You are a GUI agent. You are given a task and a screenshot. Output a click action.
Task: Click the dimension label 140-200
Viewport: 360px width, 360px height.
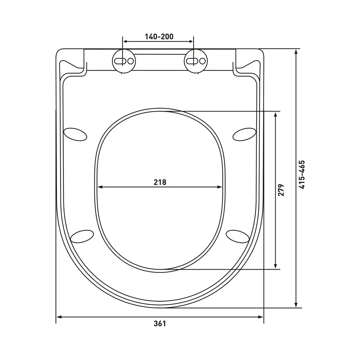click(159, 36)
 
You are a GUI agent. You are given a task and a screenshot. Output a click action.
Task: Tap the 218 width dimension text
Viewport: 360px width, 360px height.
click(160, 182)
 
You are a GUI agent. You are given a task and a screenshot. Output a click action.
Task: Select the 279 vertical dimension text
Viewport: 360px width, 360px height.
click(281, 190)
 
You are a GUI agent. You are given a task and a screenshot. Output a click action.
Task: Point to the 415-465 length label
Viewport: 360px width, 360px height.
click(302, 175)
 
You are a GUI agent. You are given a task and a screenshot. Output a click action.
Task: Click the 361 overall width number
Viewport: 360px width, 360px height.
click(159, 324)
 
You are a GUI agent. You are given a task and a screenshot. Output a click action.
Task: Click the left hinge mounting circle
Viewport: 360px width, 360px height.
click(124, 61)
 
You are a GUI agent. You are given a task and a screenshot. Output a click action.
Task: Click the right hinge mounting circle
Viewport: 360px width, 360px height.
click(195, 61)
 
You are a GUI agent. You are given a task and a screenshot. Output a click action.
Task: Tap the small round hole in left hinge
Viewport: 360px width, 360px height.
click(130, 61)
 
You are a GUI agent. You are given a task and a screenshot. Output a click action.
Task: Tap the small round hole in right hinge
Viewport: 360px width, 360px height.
click(202, 61)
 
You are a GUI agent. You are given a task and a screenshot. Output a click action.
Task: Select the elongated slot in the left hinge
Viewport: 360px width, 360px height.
click(120, 61)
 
